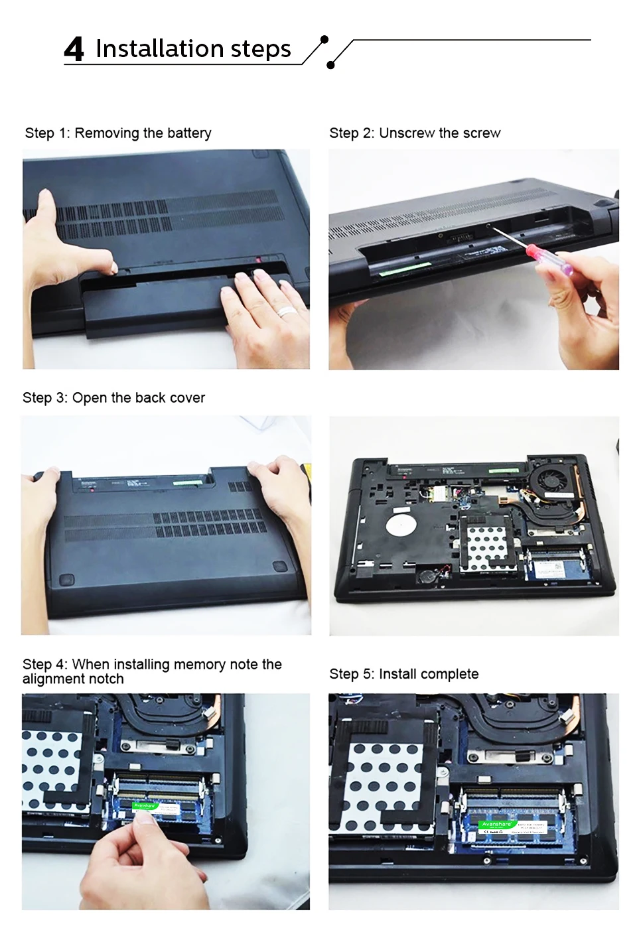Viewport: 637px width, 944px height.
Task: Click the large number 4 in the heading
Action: (x=74, y=50)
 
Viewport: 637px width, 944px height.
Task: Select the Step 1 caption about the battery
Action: (x=118, y=133)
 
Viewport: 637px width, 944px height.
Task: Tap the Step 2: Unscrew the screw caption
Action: (x=415, y=133)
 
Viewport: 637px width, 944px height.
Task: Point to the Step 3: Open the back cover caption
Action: (x=113, y=398)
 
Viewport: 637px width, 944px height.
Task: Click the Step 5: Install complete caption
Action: (x=403, y=674)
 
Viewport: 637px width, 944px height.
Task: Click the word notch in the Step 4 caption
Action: (x=106, y=679)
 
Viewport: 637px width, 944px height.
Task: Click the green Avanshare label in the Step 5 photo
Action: (x=496, y=824)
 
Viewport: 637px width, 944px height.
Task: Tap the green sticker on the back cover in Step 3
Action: (x=188, y=484)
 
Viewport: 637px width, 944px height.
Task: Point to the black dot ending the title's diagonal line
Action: (x=330, y=65)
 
